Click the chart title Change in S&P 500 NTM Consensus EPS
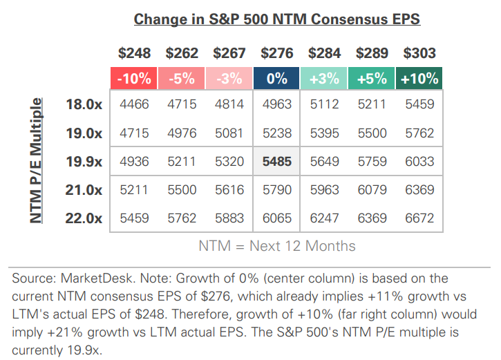pos(276,19)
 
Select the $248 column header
pos(134,53)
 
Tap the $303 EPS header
pos(419,53)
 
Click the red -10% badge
pos(134,77)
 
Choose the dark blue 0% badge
pos(276,77)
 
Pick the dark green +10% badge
pos(419,77)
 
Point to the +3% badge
pos(324,77)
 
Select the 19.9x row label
pos(84,162)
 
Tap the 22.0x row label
pos(84,218)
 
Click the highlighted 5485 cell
pos(276,162)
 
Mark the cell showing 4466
pos(134,104)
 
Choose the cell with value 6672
pos(419,218)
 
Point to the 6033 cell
pos(419,162)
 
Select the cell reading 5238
pos(276,133)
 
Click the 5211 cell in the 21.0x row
pos(134,190)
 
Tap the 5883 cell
pos(229,218)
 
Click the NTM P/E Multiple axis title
pos(36,160)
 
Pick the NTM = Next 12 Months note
pos(276,245)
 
